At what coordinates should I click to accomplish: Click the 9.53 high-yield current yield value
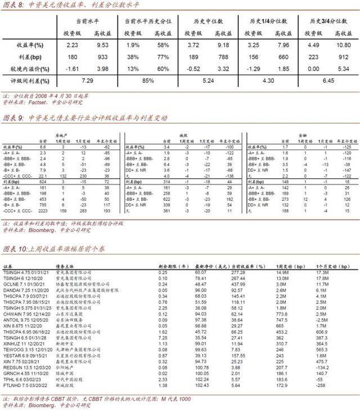pyautogui.click(x=102, y=44)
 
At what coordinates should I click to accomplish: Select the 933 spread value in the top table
pyautogui.click(x=102, y=57)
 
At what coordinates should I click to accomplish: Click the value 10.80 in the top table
pyautogui.click(x=343, y=44)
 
